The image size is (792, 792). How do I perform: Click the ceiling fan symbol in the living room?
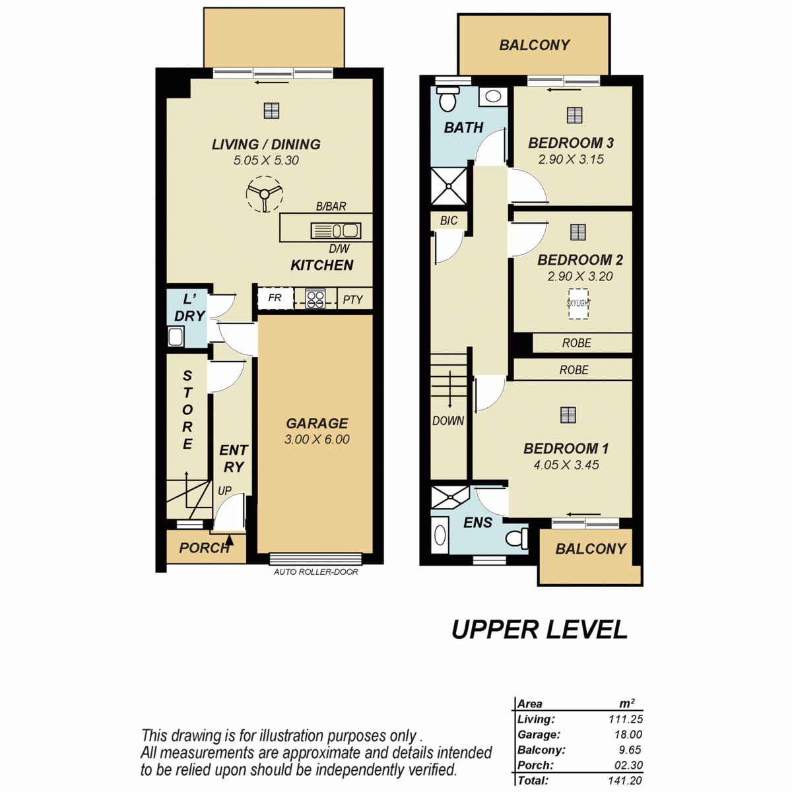(x=264, y=193)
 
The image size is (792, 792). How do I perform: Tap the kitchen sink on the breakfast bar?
(x=336, y=230)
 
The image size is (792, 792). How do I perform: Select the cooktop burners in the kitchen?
(x=315, y=299)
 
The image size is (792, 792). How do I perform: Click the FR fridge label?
(x=275, y=298)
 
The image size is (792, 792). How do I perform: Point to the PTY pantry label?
(x=353, y=300)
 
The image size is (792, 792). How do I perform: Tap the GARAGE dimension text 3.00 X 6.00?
(x=317, y=440)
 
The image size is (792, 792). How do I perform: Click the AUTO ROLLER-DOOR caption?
(x=315, y=572)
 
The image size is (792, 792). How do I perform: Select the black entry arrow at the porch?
(x=230, y=539)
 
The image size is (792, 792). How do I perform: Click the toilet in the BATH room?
(x=447, y=98)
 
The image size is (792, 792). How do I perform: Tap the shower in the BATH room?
(x=449, y=185)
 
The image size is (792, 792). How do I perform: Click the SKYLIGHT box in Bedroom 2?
(x=579, y=304)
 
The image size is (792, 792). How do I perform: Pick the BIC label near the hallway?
(x=449, y=220)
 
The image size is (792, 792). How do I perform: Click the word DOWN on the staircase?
(x=448, y=421)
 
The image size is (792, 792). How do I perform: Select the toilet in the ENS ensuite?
(x=517, y=538)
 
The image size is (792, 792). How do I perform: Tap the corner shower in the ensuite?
(x=449, y=497)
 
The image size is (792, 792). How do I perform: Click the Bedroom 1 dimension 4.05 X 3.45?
(x=566, y=465)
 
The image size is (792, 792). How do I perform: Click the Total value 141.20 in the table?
(x=625, y=781)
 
